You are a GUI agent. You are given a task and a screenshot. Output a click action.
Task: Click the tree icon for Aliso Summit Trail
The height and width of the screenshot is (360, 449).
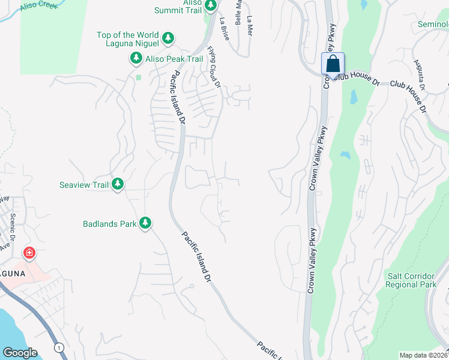tap(211, 5)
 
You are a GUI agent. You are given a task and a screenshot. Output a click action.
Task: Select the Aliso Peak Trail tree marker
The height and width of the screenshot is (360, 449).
tap(136, 58)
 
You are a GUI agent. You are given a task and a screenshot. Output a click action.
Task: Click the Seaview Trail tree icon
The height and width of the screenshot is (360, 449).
tap(118, 184)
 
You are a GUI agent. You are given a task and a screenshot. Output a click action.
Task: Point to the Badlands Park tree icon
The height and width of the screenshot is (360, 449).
tap(145, 223)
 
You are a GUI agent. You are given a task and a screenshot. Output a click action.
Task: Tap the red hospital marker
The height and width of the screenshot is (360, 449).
tap(28, 253)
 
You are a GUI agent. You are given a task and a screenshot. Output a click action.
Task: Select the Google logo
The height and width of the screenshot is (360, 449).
tap(20, 353)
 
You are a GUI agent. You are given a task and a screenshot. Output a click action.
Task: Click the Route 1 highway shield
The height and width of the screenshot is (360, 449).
tap(59, 347)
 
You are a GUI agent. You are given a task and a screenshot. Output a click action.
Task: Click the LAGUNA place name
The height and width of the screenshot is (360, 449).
tap(11, 273)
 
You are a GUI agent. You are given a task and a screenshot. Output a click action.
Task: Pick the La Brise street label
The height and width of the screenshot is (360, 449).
tap(224, 28)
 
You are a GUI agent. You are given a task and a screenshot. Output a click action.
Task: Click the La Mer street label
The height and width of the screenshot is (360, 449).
tap(249, 25)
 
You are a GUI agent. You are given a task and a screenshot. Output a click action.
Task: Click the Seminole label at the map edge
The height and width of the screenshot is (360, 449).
tap(433, 25)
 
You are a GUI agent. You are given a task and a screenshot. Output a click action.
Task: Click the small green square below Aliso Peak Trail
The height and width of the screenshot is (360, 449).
tap(138, 77)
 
